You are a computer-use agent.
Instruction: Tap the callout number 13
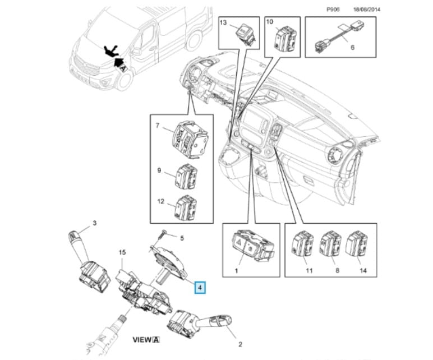(x=223, y=23)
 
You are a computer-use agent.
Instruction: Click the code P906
(x=333, y=10)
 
